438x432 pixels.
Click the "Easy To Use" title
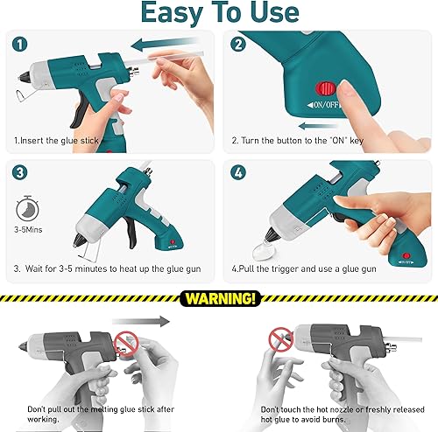click(x=218, y=14)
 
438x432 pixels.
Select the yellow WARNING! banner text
click(x=218, y=298)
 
